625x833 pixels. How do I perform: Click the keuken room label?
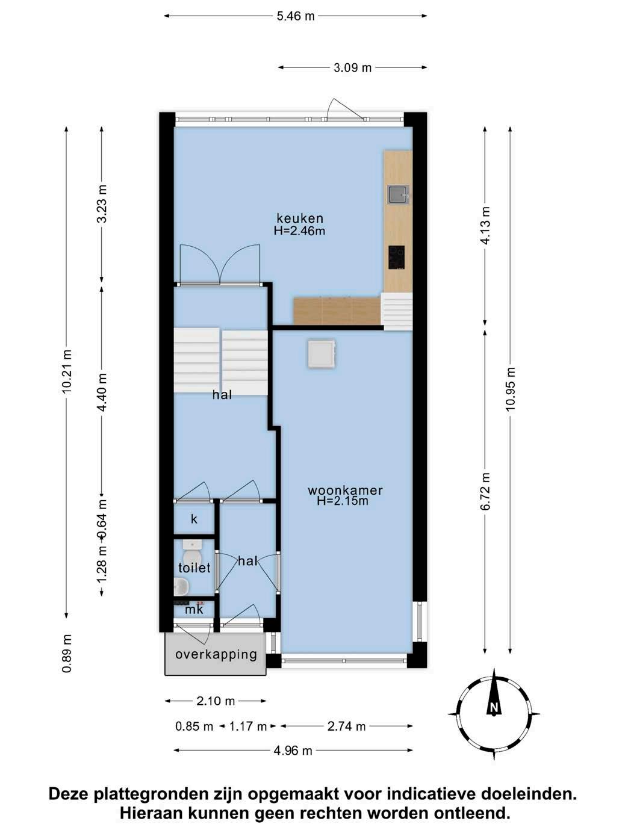[300, 218]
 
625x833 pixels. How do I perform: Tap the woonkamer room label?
[345, 491]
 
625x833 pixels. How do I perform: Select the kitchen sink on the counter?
[398, 195]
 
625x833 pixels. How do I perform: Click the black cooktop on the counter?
[396, 258]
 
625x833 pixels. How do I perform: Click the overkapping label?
[216, 654]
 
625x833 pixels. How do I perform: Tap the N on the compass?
[494, 708]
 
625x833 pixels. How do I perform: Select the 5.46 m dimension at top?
[296, 16]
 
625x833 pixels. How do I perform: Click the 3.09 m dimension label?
[352, 68]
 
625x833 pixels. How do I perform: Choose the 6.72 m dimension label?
[485, 492]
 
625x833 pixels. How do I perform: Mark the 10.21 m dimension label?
[67, 371]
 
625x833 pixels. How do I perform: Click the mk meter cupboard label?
[194, 609]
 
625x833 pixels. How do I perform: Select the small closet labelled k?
[194, 519]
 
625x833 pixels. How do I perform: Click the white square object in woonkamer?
[322, 354]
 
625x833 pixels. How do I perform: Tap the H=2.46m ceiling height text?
[300, 231]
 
